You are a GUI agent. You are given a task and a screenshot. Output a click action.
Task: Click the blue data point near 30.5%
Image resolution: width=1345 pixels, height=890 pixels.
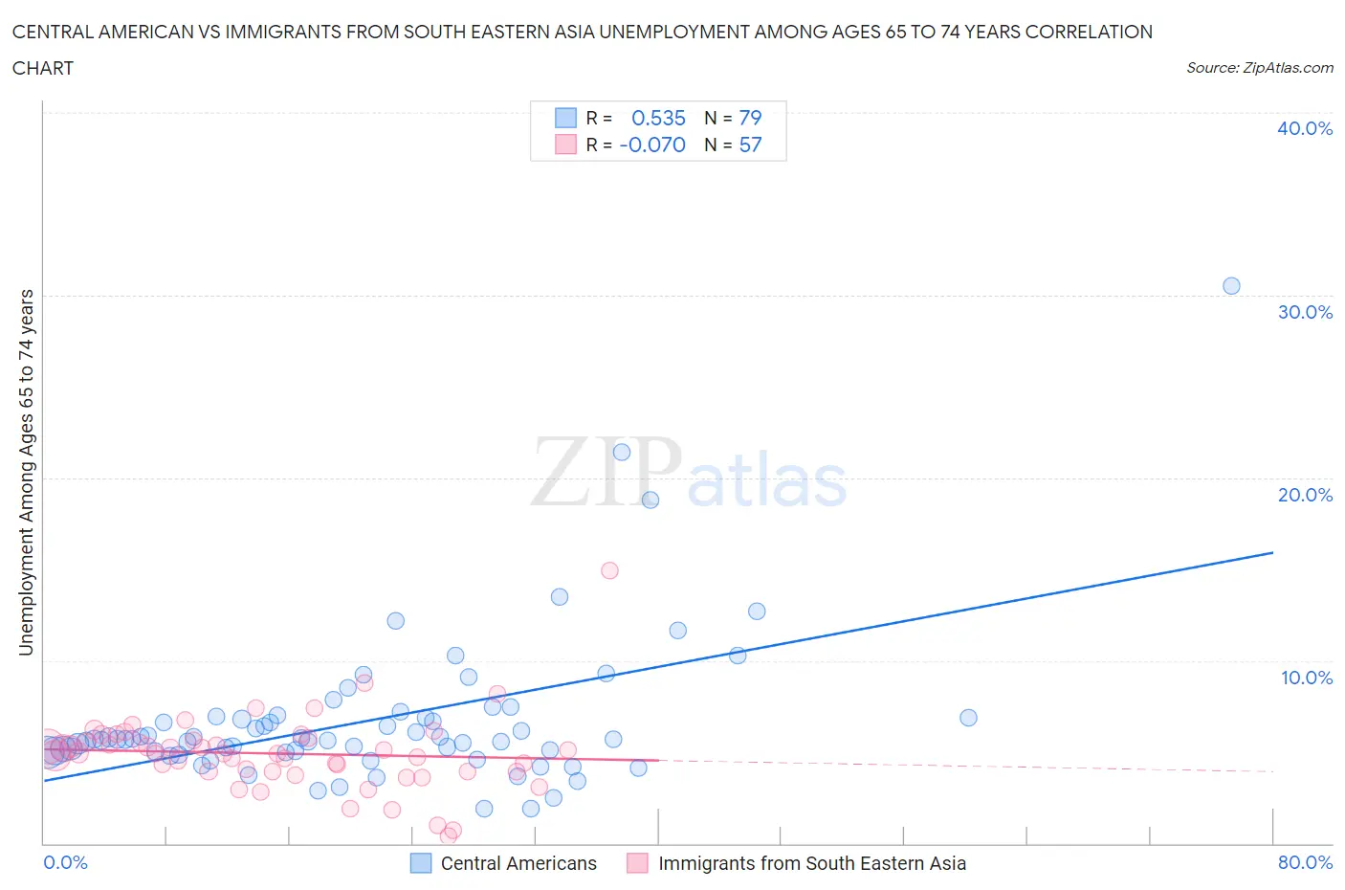coord(1231,286)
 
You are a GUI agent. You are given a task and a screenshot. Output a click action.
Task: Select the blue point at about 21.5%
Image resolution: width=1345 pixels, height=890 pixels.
coord(622,453)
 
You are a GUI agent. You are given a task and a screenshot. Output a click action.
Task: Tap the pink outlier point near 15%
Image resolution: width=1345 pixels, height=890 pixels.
coord(609,570)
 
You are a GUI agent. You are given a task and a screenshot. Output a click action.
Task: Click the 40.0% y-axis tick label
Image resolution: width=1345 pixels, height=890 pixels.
coord(1304,128)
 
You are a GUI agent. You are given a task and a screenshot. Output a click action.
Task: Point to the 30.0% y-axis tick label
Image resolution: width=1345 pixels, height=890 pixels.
coord(1304,312)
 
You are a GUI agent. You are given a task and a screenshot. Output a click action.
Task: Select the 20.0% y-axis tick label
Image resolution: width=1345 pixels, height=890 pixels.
coord(1304,495)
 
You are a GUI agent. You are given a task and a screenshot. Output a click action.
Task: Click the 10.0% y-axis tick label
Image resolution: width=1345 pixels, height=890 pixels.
coord(1306,678)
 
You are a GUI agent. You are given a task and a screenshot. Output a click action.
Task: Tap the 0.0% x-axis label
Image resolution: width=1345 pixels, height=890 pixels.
coord(65,862)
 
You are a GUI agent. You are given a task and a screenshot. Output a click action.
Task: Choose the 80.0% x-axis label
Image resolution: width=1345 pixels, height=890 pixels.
coord(1305,862)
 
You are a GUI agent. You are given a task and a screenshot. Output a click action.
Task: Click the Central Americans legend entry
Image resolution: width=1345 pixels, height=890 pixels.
coord(518,863)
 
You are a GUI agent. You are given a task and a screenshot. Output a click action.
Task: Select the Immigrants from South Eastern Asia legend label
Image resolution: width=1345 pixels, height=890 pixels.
coord(811,863)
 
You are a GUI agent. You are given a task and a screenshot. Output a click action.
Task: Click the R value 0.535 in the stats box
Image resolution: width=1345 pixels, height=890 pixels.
coord(658,118)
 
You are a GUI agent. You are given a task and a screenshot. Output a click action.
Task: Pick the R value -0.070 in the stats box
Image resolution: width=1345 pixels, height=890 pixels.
coord(652,145)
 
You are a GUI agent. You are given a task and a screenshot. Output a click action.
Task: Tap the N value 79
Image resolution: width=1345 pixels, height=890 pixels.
coord(750,118)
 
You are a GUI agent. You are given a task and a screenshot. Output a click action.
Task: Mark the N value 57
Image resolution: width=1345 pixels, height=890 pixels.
coord(750,145)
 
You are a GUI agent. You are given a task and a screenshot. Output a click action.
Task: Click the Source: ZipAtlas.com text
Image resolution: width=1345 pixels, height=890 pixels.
coord(1259,67)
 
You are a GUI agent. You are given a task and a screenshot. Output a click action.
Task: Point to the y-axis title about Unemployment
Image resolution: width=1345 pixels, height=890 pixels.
coord(26,472)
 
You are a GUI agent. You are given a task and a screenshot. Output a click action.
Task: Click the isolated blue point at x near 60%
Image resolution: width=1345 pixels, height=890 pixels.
coord(968,718)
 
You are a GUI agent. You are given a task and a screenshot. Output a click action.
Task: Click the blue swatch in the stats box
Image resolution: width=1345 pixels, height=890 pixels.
coord(566,118)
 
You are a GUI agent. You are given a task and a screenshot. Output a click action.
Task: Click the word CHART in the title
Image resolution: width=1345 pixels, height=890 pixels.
coord(43,68)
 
